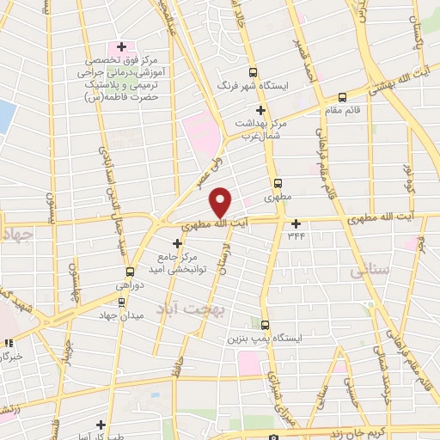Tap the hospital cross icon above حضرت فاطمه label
point(122,47)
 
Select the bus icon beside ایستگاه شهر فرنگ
point(253,73)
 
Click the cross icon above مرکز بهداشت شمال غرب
point(260,110)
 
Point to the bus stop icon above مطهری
point(278,183)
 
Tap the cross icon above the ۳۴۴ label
point(296,223)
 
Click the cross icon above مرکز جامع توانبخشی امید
point(178,243)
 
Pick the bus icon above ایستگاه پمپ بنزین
point(265,325)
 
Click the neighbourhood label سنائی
point(369,271)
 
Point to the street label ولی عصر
point(204,170)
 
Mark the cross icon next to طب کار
point(101,425)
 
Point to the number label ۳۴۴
point(296,235)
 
